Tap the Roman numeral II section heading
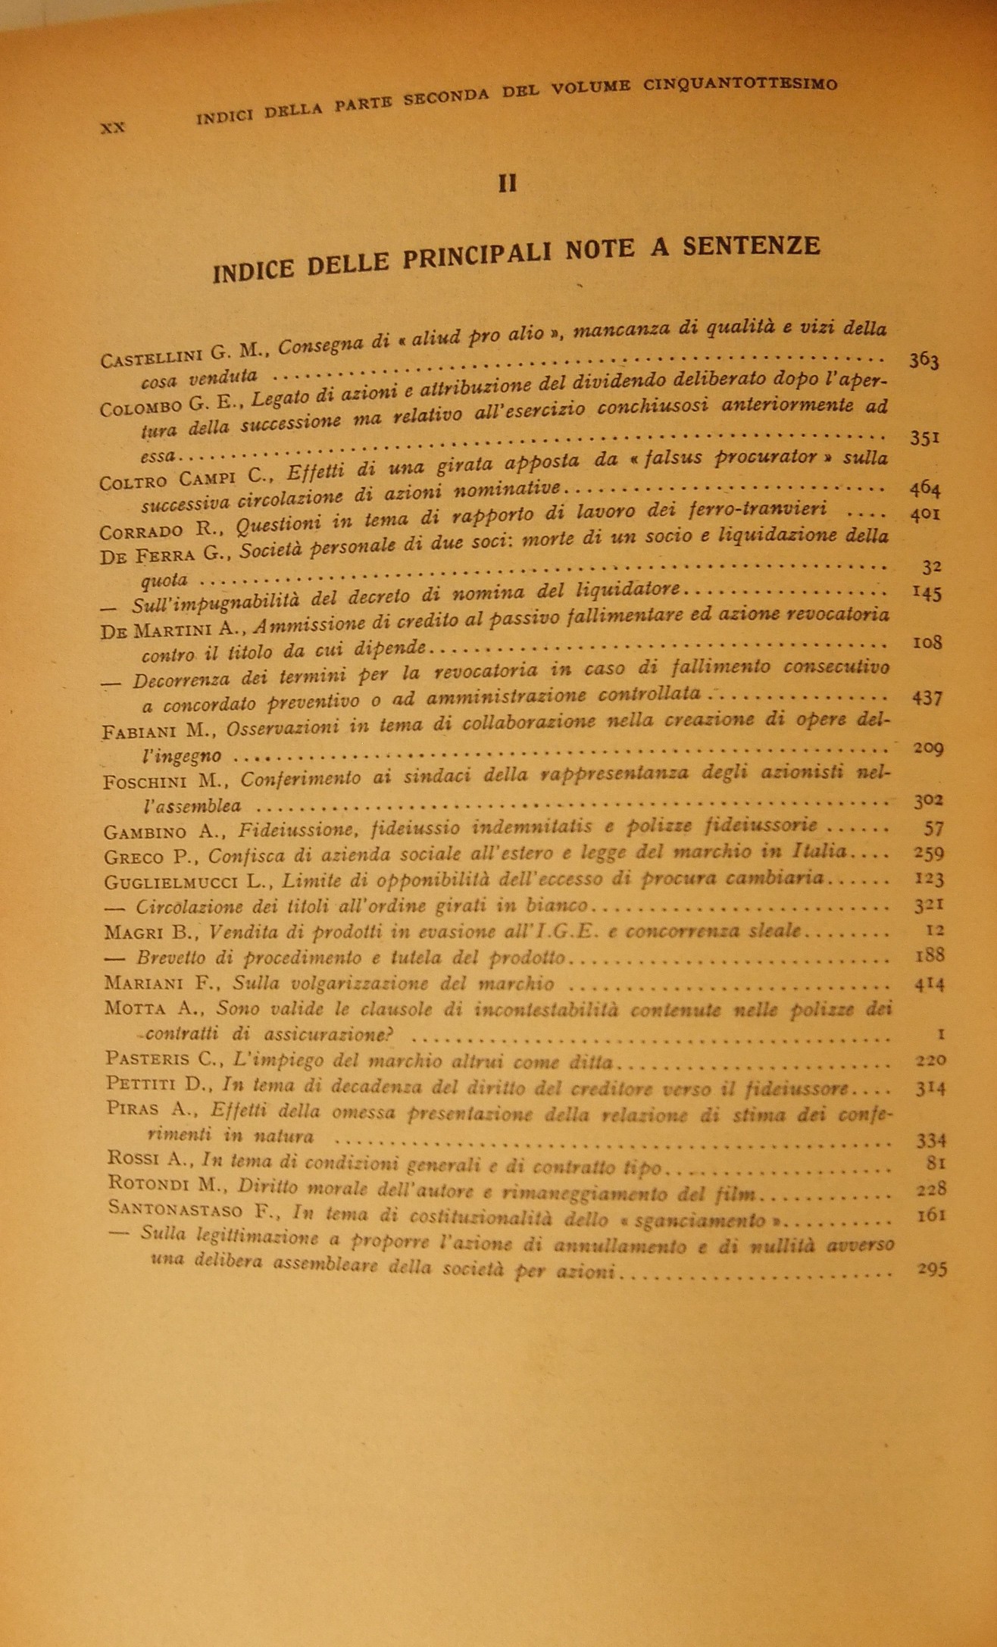pyautogui.click(x=507, y=183)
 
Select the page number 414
pyautogui.click(x=929, y=985)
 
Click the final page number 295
pyautogui.click(x=932, y=1270)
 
